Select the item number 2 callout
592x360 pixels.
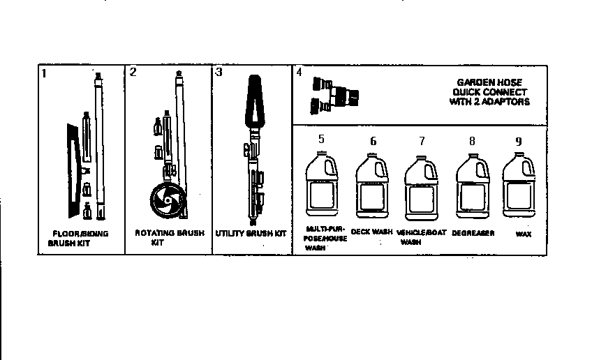pos(133,72)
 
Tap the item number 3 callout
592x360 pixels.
pos(219,72)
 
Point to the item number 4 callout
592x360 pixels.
pos(299,72)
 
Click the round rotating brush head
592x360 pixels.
pos(165,200)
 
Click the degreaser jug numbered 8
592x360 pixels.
pos(471,187)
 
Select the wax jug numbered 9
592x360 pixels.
pos(519,187)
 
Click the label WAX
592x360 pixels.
pos(524,234)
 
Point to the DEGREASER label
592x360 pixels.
pos(473,232)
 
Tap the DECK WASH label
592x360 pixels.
pos(371,231)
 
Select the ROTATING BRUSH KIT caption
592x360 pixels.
pos(169,237)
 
